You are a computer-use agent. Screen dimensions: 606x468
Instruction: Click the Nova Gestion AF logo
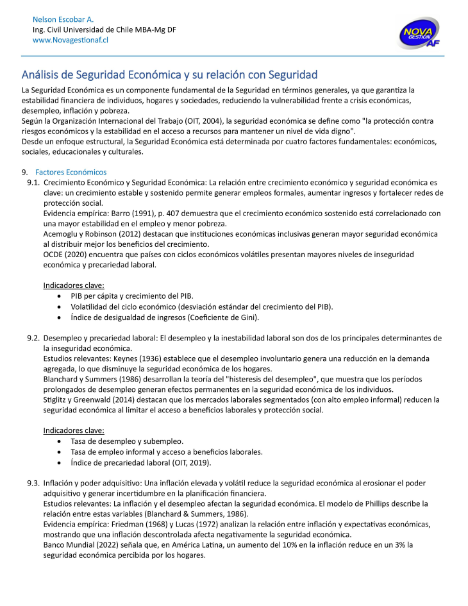click(419, 33)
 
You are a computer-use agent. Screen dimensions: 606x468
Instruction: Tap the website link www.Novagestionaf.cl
click(70, 40)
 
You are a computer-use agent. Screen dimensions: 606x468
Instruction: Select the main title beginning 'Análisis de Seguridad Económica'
click(170, 75)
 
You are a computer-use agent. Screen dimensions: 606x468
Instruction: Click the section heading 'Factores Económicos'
click(71, 173)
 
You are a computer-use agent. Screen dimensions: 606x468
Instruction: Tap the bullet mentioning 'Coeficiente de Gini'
click(165, 317)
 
